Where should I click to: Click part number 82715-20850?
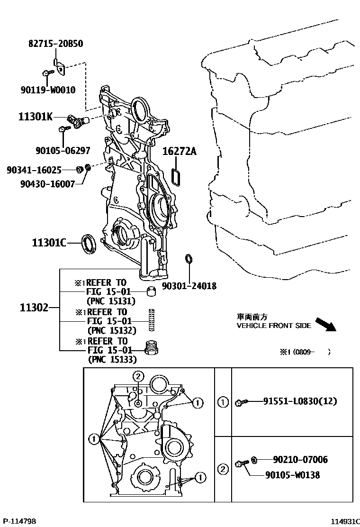click(56, 44)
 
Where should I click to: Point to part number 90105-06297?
click(63, 151)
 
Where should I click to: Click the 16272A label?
click(179, 152)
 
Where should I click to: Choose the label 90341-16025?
click(34, 169)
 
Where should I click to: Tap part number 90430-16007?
click(47, 183)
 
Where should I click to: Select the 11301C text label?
click(49, 243)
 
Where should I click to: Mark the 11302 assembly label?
click(34, 307)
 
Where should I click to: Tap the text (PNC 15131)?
click(111, 300)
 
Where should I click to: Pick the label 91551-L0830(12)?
click(299, 401)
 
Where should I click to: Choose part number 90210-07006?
click(300, 459)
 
